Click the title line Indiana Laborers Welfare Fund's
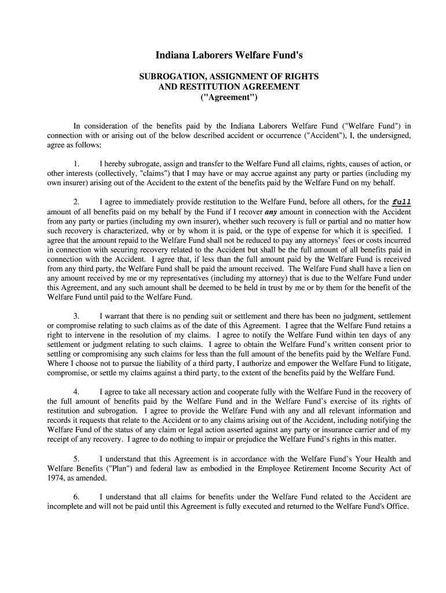(x=229, y=56)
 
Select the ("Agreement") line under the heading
(x=229, y=97)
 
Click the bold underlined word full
(x=402, y=202)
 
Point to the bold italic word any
(x=272, y=212)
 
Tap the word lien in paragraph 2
(x=393, y=269)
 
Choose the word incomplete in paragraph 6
(x=65, y=506)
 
